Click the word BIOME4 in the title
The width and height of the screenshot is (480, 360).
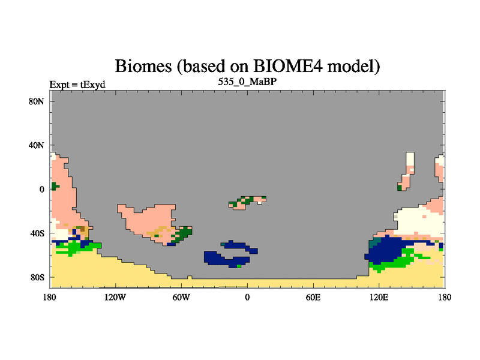[x=288, y=66]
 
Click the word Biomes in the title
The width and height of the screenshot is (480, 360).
[x=143, y=66]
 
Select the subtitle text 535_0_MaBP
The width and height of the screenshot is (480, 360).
[x=247, y=82]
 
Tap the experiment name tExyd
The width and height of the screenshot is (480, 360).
[x=93, y=85]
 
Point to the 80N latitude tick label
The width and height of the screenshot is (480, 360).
[x=36, y=101]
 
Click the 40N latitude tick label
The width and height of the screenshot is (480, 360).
[x=36, y=145]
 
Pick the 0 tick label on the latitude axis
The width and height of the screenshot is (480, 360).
[x=41, y=190]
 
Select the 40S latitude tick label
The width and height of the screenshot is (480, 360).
[x=37, y=233]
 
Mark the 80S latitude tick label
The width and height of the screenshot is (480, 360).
[x=37, y=278]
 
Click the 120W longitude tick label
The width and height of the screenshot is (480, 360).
[x=115, y=297]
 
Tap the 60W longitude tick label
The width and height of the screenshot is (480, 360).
[x=181, y=297]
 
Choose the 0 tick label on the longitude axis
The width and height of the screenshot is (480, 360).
[x=247, y=297]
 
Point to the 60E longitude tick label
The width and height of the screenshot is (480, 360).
[x=313, y=297]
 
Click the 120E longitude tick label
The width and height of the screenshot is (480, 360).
[x=379, y=297]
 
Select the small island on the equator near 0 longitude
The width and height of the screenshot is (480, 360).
[x=247, y=203]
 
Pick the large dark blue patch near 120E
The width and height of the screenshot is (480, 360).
[x=386, y=250]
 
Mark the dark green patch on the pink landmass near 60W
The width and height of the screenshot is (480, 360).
[x=183, y=234]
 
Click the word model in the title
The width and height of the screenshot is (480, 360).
[x=351, y=66]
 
